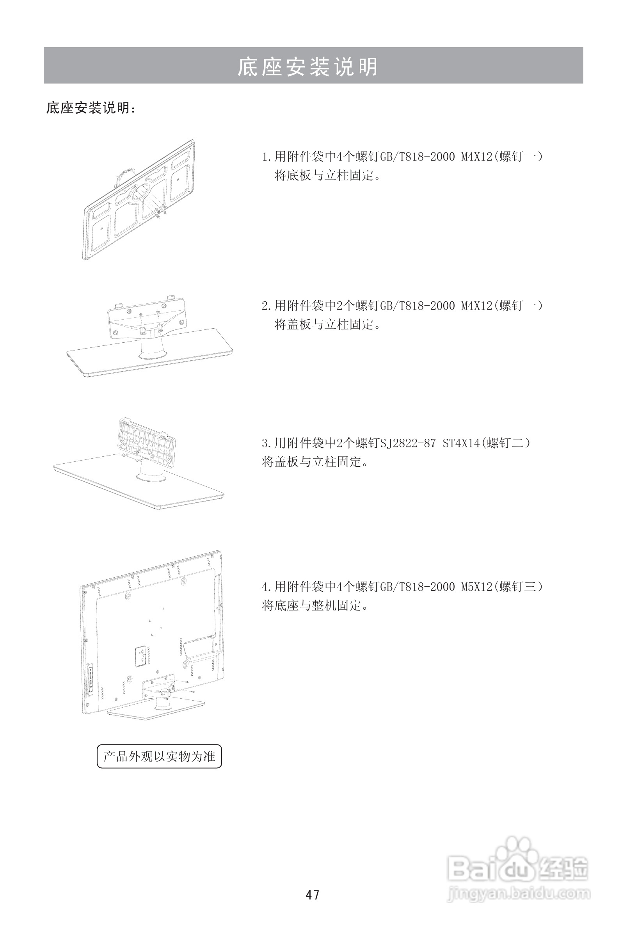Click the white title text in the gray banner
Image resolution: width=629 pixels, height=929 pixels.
(x=307, y=66)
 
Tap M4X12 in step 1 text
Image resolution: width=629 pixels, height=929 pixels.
(x=476, y=156)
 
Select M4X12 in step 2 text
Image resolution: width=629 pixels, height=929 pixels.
(x=476, y=306)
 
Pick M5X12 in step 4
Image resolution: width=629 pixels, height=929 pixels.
(x=476, y=587)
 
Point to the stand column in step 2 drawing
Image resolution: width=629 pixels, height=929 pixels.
(x=153, y=347)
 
